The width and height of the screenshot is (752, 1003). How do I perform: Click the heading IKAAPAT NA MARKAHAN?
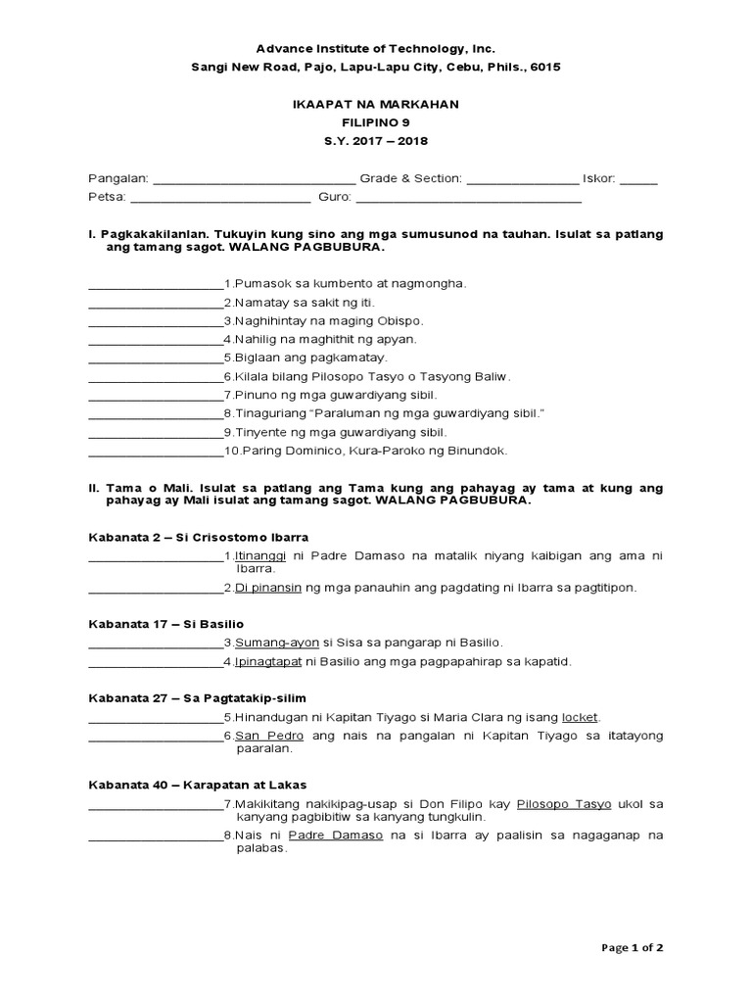[376, 104]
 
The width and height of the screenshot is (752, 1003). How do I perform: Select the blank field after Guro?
[468, 201]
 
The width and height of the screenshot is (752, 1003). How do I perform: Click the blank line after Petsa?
[220, 201]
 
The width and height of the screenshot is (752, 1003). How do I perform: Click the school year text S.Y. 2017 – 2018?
[376, 141]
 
